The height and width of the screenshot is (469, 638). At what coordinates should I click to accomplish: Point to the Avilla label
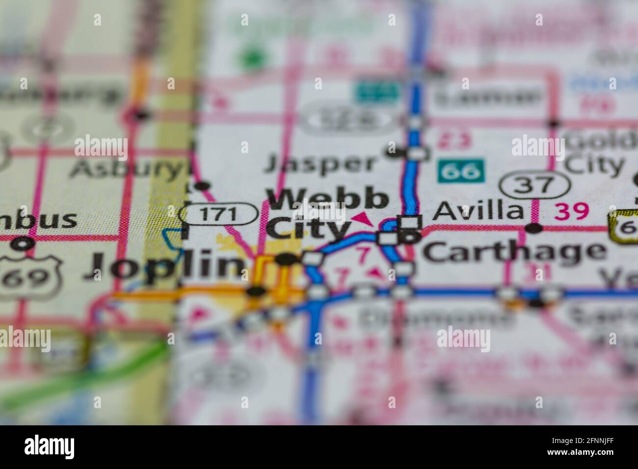[x=479, y=211]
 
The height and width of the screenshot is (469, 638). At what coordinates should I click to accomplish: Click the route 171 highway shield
[x=219, y=214]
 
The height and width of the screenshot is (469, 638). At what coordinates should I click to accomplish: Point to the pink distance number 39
[x=571, y=211]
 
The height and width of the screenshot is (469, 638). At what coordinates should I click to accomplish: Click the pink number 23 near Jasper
[x=454, y=141]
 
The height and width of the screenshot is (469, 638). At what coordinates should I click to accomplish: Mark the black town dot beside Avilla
[x=533, y=228]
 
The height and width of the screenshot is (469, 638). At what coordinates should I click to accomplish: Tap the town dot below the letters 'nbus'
[x=23, y=242]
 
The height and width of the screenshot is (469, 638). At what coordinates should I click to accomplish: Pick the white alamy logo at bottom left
[x=49, y=447]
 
